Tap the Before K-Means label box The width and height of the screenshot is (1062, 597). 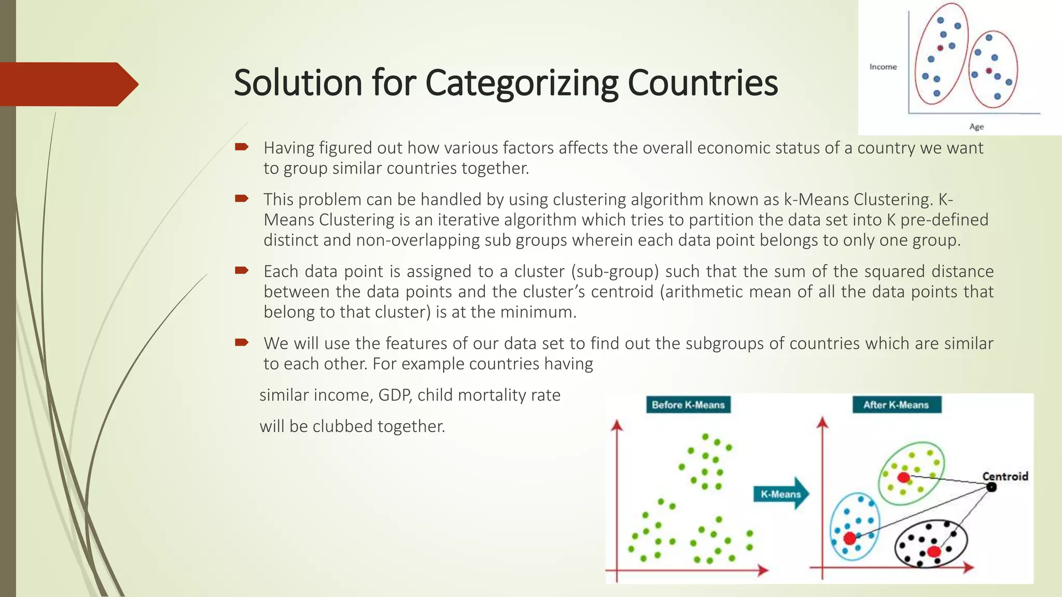tap(688, 405)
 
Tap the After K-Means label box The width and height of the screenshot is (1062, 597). tap(896, 405)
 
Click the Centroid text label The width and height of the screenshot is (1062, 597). tap(1005, 476)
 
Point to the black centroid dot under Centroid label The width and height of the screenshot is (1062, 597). tap(991, 487)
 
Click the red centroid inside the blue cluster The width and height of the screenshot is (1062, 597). tap(849, 538)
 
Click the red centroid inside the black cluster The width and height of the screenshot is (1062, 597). tap(934, 551)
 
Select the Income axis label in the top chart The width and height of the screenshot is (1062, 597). tap(883, 67)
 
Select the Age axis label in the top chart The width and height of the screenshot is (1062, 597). tap(976, 126)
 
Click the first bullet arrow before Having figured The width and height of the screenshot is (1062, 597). tap(242, 147)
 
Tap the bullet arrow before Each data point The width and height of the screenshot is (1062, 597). tap(242, 270)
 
